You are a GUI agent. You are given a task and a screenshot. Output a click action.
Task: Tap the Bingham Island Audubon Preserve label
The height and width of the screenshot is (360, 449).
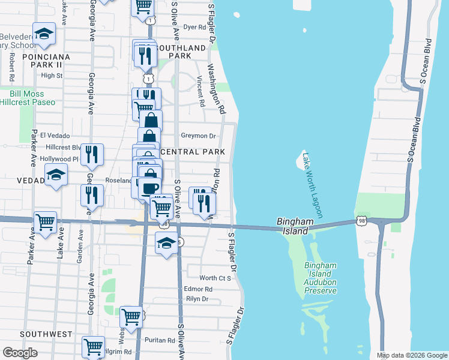(x=320, y=278)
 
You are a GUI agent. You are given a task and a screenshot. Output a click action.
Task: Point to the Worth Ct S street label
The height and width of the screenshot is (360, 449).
(x=215, y=278)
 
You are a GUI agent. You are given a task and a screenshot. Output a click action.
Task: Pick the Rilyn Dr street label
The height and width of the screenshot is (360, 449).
(x=197, y=299)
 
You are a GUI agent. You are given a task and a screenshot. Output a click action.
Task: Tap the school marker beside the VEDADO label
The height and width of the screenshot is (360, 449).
(x=56, y=175)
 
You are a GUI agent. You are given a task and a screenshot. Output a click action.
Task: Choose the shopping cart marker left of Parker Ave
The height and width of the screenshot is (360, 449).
(x=46, y=222)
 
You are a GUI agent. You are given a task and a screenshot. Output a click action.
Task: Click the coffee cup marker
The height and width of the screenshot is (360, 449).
(x=149, y=188)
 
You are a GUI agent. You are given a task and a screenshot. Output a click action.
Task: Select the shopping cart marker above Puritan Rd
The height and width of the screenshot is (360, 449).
(x=130, y=316)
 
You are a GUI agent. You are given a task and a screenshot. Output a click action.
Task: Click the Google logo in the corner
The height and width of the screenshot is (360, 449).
(x=20, y=353)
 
